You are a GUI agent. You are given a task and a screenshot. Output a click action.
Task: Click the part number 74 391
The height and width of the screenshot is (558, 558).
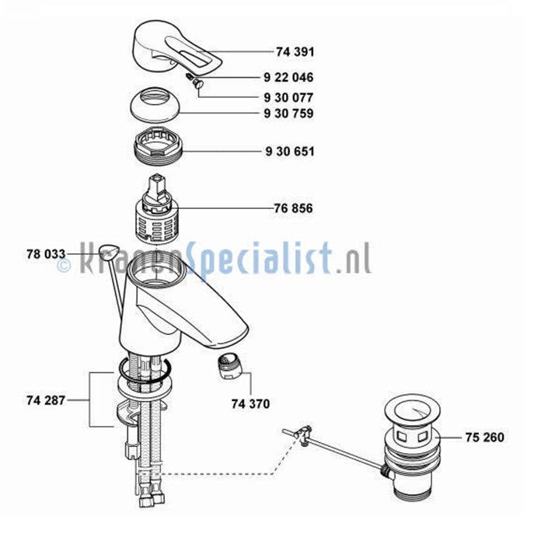tap(295, 52)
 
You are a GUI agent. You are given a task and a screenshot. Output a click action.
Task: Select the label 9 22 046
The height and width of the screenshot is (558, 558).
tap(288, 78)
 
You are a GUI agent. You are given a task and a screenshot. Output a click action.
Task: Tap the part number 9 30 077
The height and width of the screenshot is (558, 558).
tap(288, 97)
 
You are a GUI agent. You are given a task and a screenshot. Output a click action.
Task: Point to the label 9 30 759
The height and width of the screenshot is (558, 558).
tap(288, 113)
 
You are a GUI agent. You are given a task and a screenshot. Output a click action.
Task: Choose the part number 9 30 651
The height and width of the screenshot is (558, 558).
tap(290, 152)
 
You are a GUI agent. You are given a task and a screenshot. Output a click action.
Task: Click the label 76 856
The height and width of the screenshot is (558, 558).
tap(293, 208)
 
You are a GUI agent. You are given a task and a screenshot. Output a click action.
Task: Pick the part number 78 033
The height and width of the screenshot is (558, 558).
tap(46, 254)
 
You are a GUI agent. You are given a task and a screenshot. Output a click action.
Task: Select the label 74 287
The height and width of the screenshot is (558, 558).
tap(46, 401)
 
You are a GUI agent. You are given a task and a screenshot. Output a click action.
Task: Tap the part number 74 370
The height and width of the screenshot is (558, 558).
tap(250, 404)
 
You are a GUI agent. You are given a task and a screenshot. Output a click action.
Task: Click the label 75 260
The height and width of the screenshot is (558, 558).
tap(485, 438)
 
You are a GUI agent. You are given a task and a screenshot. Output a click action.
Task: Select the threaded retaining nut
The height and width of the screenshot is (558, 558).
tap(158, 145)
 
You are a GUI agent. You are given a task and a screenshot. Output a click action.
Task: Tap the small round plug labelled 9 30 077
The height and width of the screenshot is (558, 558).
tap(197, 84)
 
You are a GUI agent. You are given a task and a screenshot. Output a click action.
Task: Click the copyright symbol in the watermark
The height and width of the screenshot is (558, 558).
tap(64, 266)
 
